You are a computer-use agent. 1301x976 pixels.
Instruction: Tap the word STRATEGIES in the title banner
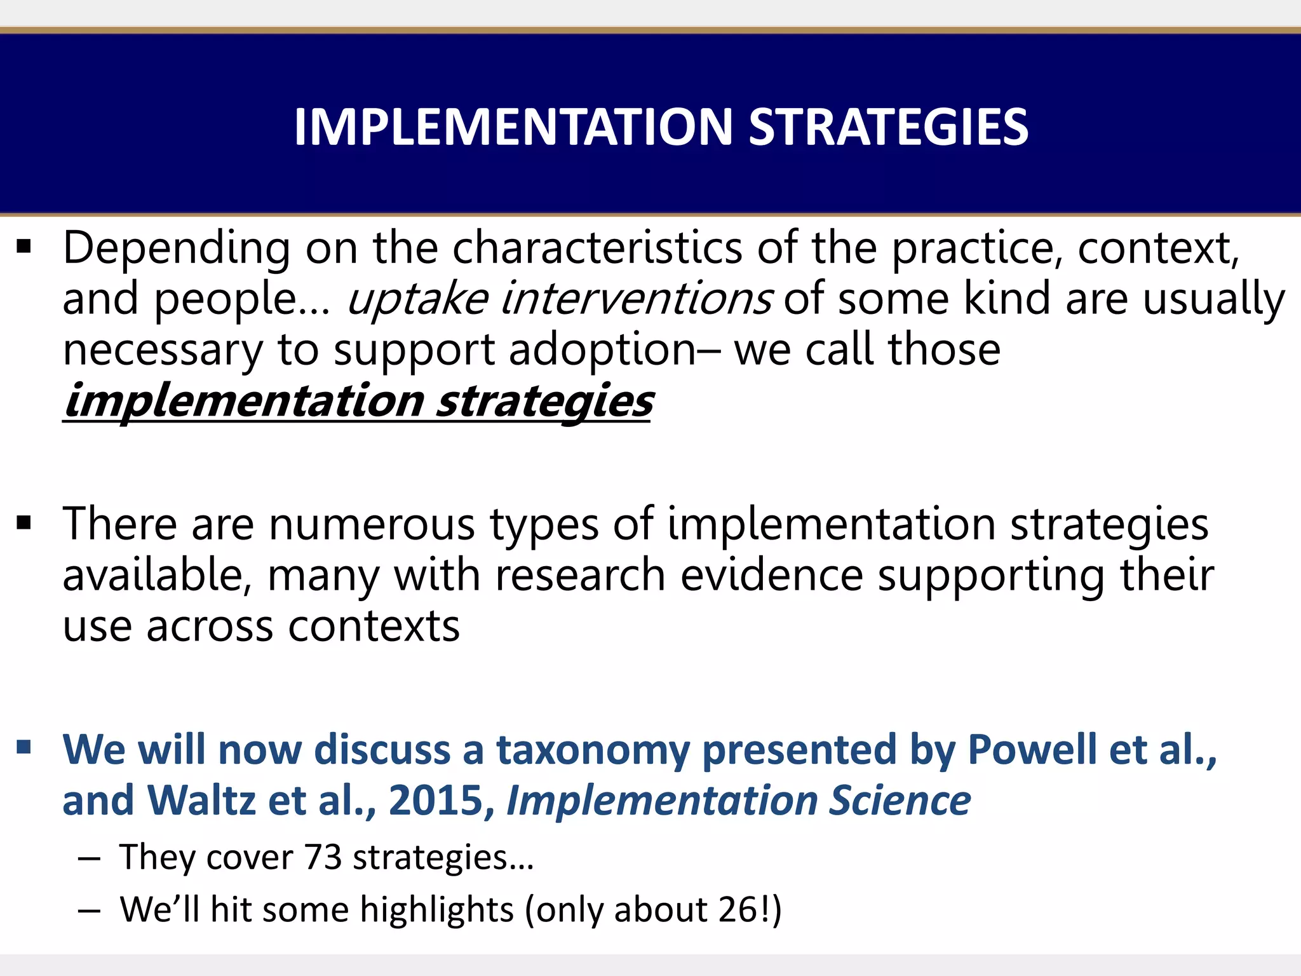click(888, 127)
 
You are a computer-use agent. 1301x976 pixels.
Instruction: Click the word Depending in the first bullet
click(177, 249)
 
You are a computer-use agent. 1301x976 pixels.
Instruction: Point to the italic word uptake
click(417, 300)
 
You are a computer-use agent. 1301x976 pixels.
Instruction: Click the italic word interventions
click(637, 299)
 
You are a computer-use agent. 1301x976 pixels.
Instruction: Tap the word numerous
click(372, 525)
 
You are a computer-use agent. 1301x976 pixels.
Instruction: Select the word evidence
click(772, 576)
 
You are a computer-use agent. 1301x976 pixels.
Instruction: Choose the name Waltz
click(201, 801)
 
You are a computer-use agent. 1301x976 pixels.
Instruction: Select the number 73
click(322, 858)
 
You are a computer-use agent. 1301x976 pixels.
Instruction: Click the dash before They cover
click(90, 859)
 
